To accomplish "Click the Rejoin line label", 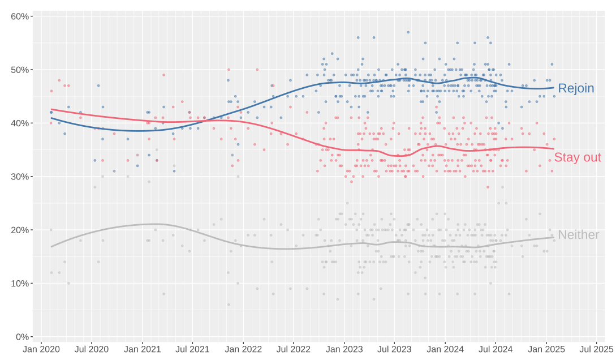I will (576, 88).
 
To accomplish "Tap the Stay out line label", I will (578, 157).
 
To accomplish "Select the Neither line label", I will (578, 235).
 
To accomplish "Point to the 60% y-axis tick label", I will (20, 16).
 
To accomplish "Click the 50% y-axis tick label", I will (20, 70).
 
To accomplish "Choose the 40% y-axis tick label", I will (20, 123).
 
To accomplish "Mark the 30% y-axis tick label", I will (20, 177).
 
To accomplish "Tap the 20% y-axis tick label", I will (20, 230).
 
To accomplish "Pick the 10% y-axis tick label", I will (20, 284).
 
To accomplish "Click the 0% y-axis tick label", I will (22, 337).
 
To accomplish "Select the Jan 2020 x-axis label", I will (41, 349).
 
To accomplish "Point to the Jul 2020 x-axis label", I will (92, 349).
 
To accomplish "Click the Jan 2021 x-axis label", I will (142, 349).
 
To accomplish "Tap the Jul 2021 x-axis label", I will (192, 349).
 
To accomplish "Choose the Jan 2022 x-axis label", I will (243, 349).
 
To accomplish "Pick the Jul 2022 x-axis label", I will (294, 349).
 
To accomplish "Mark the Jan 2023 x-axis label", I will (344, 349).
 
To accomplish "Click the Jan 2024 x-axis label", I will (445, 349).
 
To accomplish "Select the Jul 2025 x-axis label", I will (596, 349).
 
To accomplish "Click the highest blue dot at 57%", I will (408, 32).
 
